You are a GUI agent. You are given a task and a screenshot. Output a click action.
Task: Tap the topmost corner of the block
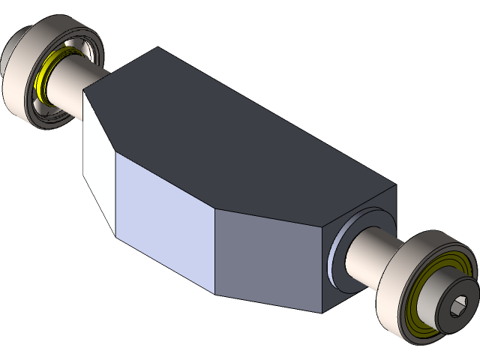tap(157, 48)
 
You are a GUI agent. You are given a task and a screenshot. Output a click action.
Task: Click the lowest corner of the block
tap(324, 313)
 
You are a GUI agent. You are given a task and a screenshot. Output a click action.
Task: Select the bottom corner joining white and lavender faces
tap(114, 233)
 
